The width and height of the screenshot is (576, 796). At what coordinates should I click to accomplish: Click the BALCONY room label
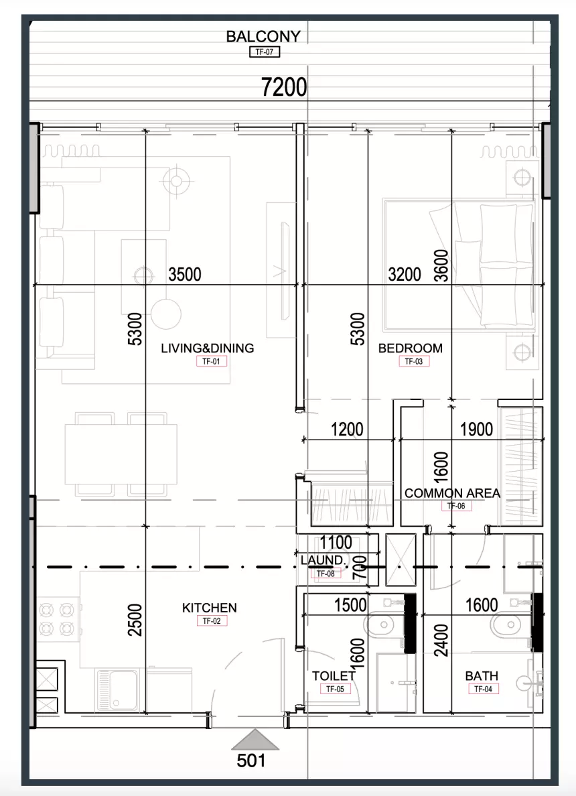263,37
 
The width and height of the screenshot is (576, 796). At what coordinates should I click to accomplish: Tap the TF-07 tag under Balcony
265,52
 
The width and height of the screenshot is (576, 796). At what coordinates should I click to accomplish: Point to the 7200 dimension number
284,87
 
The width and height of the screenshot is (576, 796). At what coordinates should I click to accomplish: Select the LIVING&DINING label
208,348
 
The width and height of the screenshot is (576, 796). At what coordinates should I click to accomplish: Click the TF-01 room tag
211,361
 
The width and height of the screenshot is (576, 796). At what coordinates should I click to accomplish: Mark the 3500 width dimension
185,275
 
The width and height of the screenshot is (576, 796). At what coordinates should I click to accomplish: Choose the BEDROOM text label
410,348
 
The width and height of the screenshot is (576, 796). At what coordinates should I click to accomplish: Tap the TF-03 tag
414,361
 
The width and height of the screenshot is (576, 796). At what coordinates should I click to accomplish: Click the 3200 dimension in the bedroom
405,275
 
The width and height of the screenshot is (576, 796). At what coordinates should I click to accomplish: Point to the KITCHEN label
209,608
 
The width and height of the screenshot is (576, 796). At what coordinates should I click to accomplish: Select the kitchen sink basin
118,689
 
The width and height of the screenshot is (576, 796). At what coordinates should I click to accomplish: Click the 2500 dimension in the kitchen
135,620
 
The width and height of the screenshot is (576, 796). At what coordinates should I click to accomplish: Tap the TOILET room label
334,675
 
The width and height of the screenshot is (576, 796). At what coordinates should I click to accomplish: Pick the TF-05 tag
335,689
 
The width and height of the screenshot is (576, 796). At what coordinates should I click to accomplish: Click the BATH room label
482,675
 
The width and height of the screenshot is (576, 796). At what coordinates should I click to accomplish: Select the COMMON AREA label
452,493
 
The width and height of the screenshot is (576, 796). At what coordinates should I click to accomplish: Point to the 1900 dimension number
476,429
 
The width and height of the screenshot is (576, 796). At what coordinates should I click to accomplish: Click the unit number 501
251,760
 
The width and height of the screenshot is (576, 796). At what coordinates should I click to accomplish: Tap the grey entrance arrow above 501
255,740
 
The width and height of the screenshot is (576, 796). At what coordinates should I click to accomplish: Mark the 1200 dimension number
347,429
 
